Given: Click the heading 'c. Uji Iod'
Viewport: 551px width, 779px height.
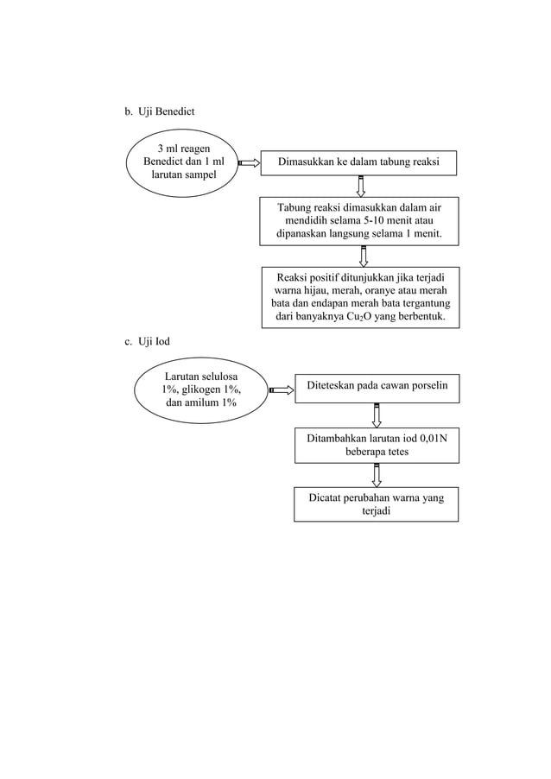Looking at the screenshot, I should [x=147, y=342].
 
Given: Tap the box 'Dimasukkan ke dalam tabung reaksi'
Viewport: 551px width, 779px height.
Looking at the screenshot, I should [x=360, y=162].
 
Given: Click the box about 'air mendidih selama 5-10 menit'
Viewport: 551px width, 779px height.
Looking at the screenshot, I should [x=360, y=221].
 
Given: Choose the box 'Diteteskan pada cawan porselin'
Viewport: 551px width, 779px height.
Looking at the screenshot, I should [x=376, y=389].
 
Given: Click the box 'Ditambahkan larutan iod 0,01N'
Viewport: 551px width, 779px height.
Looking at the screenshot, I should [x=376, y=445].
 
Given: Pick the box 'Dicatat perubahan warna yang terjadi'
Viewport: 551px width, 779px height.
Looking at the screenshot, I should [x=376, y=504].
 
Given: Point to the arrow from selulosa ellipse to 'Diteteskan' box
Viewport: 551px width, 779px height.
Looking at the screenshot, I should [x=281, y=390].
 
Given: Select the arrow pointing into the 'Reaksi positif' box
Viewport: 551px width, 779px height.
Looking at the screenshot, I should [x=363, y=256].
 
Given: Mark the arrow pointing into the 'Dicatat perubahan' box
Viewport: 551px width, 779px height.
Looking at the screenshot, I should [x=377, y=474].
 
